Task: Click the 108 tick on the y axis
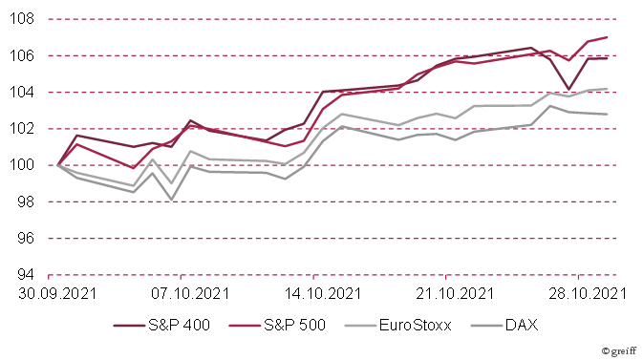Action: point(23,19)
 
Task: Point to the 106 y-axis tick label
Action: point(23,55)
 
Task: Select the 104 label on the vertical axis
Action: point(23,92)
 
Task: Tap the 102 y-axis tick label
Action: point(23,128)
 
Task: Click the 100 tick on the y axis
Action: point(23,165)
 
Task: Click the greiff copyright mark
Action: point(618,350)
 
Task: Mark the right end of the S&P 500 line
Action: point(608,37)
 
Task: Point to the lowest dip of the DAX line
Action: point(171,200)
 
